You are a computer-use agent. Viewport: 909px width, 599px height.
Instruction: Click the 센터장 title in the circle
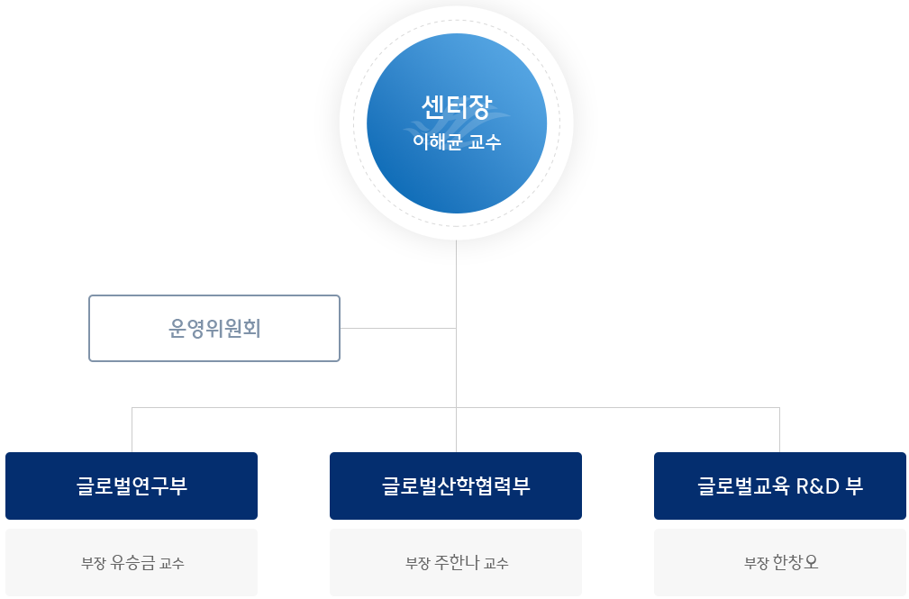pyautogui.click(x=456, y=107)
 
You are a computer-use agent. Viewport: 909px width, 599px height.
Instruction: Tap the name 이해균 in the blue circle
pyautogui.click(x=436, y=141)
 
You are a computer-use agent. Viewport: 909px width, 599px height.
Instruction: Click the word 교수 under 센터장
pyautogui.click(x=485, y=141)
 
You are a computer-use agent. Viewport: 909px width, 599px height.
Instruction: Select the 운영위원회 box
pyautogui.click(x=214, y=329)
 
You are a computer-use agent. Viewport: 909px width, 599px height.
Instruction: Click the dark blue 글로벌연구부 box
pyautogui.click(x=132, y=486)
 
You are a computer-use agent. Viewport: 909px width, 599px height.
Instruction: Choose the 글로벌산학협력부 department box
pyautogui.click(x=456, y=486)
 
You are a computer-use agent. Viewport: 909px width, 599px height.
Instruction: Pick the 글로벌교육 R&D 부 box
pyautogui.click(x=780, y=486)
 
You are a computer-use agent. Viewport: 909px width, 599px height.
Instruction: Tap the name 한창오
pyautogui.click(x=795, y=563)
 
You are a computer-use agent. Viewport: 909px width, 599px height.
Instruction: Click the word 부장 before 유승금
pyautogui.click(x=93, y=564)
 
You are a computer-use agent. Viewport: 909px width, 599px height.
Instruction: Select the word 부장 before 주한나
pyautogui.click(x=417, y=564)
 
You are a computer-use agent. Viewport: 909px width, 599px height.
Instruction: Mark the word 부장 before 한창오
pyautogui.click(x=756, y=564)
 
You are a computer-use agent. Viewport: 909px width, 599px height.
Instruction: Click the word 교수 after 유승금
pyautogui.click(x=172, y=564)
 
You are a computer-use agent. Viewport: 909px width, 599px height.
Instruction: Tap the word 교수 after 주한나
pyautogui.click(x=496, y=564)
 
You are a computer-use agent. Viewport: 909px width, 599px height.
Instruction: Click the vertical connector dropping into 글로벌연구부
pyautogui.click(x=132, y=430)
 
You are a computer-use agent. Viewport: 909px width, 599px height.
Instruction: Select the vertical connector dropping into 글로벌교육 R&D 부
pyautogui.click(x=779, y=430)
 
